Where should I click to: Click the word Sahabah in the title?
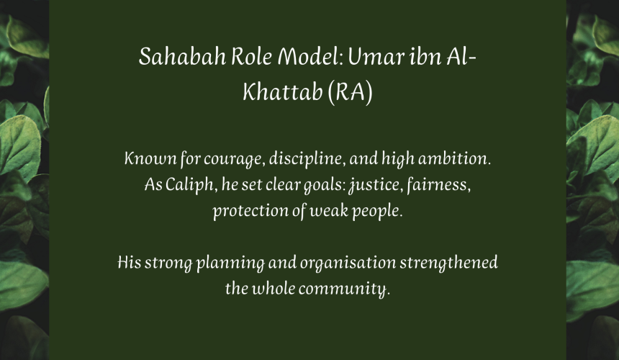tap(182, 56)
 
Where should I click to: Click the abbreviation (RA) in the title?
tap(350, 92)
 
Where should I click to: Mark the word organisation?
tap(348, 263)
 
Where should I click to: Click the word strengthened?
tap(449, 263)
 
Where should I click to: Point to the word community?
tap(344, 289)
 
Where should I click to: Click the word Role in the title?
tap(251, 56)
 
